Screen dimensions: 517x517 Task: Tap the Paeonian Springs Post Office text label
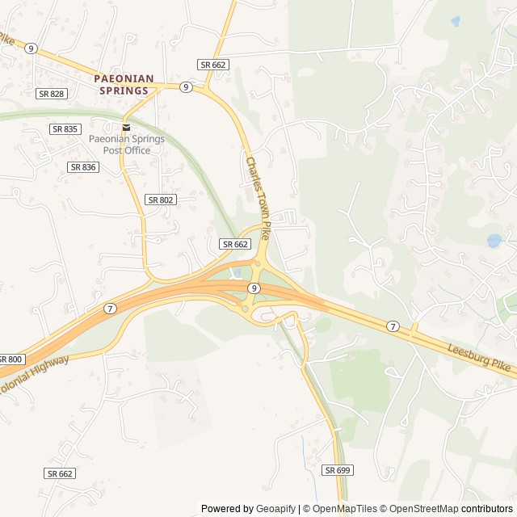click(x=126, y=144)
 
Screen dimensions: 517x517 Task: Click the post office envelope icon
click(x=126, y=128)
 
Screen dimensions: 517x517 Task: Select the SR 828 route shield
click(x=51, y=94)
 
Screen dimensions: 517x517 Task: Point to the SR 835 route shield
click(x=65, y=129)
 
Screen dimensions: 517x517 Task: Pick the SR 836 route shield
click(x=82, y=166)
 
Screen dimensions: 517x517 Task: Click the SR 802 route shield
click(x=161, y=199)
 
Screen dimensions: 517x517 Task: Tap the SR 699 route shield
click(x=338, y=469)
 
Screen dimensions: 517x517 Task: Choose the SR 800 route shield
click(x=11, y=359)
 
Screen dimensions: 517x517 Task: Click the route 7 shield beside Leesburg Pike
click(x=393, y=326)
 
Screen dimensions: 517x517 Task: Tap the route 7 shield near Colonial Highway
click(x=109, y=308)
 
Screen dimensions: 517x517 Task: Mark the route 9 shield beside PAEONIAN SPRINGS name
click(x=186, y=87)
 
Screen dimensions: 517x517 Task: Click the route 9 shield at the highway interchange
click(x=254, y=288)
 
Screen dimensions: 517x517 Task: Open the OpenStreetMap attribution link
click(x=421, y=509)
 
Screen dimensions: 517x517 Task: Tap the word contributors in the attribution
click(x=487, y=509)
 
